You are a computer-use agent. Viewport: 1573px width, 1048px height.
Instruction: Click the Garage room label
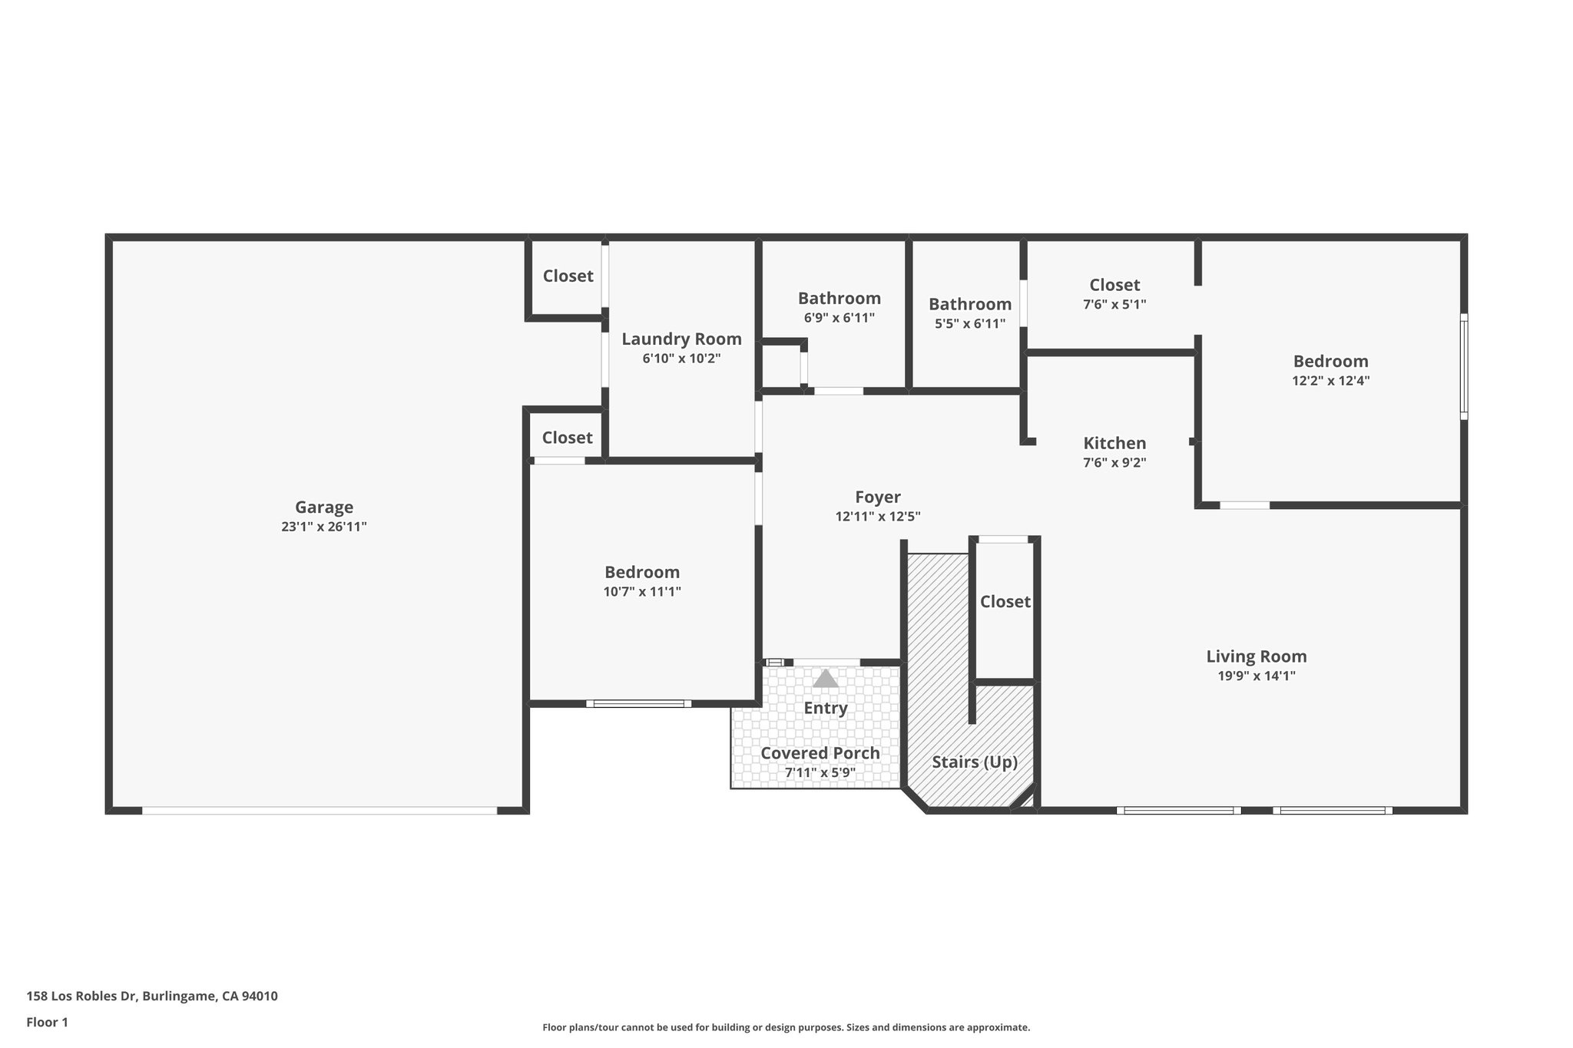pos(324,507)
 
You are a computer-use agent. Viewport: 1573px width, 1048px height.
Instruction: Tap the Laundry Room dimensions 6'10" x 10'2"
pos(681,359)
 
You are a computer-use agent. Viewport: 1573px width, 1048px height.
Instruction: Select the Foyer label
pos(877,498)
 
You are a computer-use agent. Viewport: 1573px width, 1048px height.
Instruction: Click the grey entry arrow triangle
pos(826,679)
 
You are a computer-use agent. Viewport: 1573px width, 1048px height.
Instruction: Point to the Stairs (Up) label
pos(974,762)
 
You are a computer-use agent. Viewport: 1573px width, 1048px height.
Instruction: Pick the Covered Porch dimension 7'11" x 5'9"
pos(820,772)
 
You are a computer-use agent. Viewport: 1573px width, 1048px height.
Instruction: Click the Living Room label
pos(1256,656)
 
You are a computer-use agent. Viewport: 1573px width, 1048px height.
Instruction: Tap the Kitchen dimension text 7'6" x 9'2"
pos(1114,462)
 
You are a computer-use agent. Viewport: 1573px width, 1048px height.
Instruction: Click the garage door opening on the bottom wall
pos(320,810)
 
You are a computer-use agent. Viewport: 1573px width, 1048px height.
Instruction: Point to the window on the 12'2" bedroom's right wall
pos(1463,366)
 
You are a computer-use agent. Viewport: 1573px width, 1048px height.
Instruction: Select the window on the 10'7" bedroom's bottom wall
pos(638,703)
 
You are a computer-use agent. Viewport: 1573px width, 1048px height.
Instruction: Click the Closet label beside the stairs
pos(1005,602)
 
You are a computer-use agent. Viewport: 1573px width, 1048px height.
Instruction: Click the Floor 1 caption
pos(47,1022)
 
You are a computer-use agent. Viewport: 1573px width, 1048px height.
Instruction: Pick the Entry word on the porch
pos(826,708)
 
